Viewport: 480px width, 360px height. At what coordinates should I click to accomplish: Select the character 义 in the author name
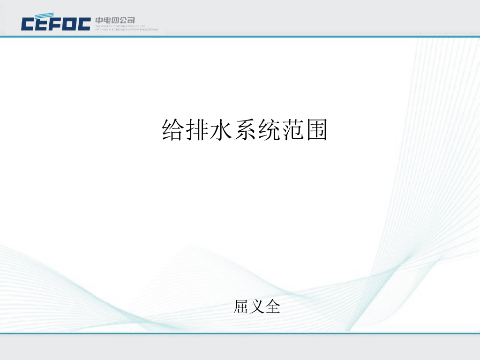click(257, 307)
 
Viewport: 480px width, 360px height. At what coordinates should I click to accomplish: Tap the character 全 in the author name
click(272, 307)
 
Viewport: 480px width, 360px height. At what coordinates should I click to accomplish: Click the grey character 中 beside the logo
click(99, 20)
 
